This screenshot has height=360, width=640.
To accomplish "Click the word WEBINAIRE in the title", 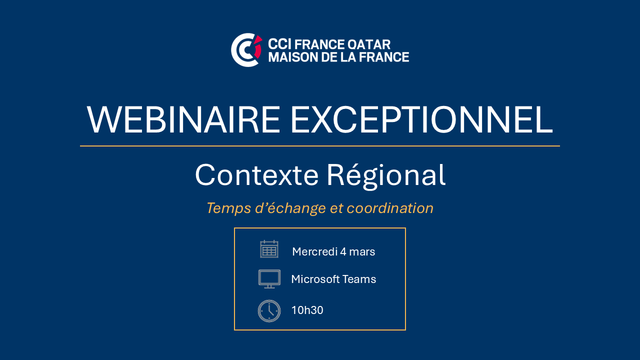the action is [183, 119].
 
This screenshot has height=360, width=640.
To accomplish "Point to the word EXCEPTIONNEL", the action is [421, 119].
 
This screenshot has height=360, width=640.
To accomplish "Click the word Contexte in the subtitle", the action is [256, 175].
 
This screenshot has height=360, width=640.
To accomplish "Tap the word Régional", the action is [386, 175].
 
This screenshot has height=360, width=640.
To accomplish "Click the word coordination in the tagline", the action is [390, 208].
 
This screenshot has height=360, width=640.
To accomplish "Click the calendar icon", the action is [269, 249].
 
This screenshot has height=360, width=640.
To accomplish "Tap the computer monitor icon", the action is [269, 279].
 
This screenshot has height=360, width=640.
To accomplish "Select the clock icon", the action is [269, 311].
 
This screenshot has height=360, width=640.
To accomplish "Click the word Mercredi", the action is [315, 251].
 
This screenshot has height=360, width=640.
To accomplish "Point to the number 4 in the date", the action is [343, 252].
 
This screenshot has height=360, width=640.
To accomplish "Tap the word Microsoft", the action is [315, 279].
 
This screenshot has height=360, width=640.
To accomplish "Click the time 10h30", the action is [307, 310].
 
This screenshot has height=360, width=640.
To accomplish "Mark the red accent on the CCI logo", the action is [258, 47].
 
